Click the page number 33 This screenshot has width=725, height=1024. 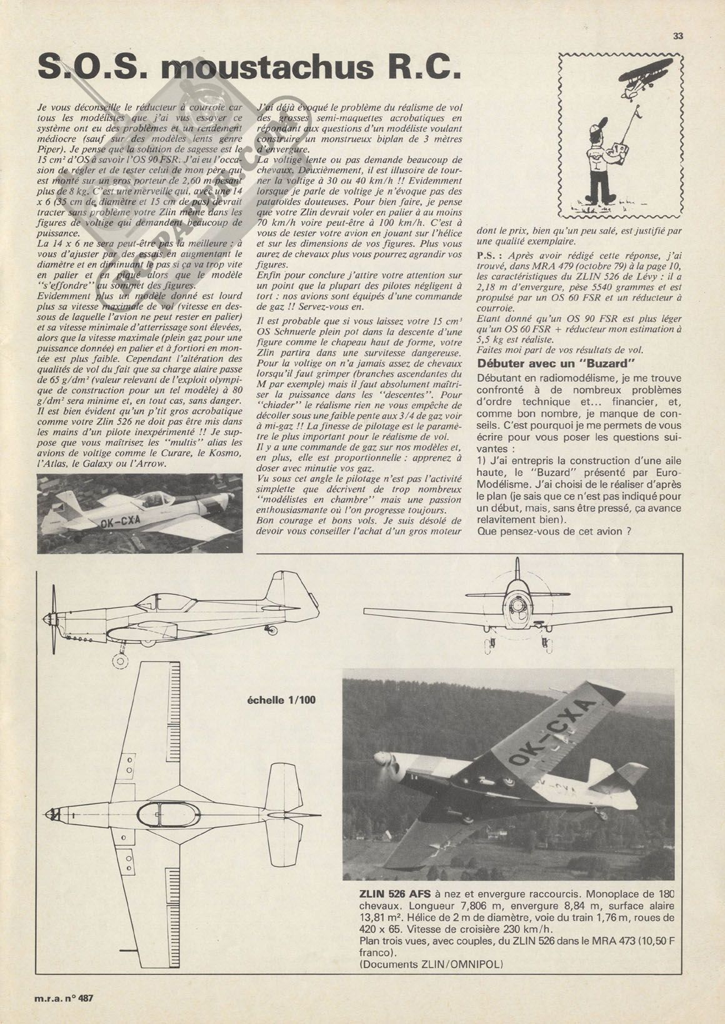pyautogui.click(x=678, y=36)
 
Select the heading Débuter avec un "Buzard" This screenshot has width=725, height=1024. pyautogui.click(x=552, y=363)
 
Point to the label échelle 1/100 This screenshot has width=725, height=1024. pyautogui.click(x=282, y=700)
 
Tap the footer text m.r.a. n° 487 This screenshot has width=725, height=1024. pyautogui.click(x=64, y=998)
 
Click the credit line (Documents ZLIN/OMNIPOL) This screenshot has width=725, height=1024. pyautogui.click(x=431, y=964)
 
